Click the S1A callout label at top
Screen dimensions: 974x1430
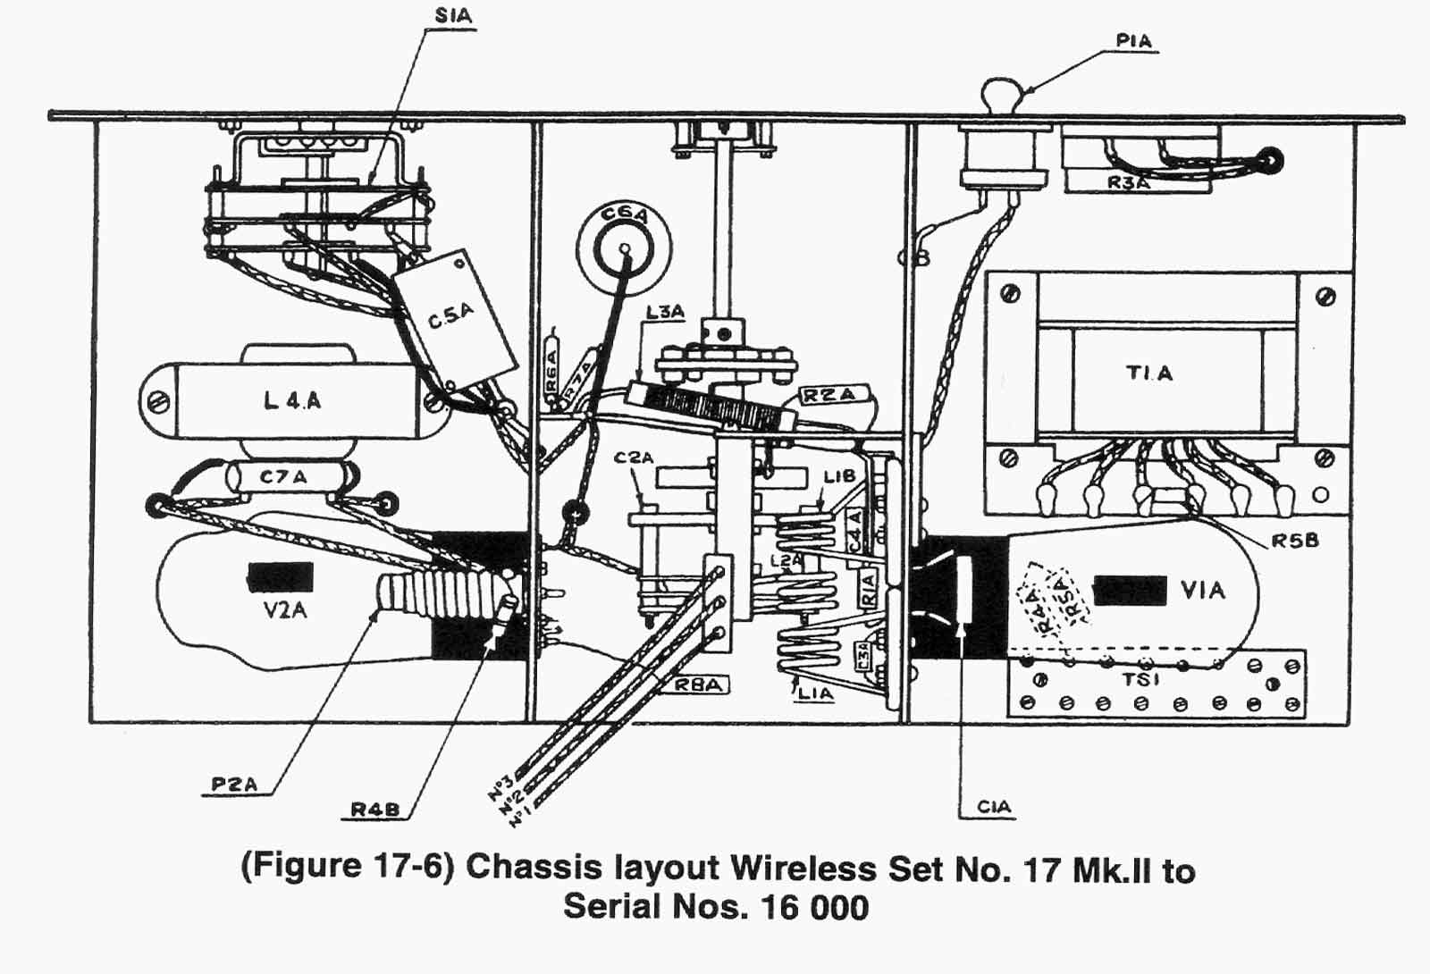pyautogui.click(x=453, y=16)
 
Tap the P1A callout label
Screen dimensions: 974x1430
pyautogui.click(x=1133, y=41)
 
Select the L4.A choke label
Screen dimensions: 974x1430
pyautogui.click(x=292, y=400)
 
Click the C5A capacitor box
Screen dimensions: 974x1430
pyautogui.click(x=454, y=317)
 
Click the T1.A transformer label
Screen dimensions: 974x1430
pyautogui.click(x=1149, y=373)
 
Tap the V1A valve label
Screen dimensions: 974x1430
pyautogui.click(x=1203, y=590)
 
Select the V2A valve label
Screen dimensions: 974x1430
pyautogui.click(x=285, y=610)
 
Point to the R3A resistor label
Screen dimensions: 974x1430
pyautogui.click(x=1128, y=183)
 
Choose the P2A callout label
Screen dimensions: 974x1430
pyautogui.click(x=234, y=784)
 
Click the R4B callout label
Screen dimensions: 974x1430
pyautogui.click(x=374, y=809)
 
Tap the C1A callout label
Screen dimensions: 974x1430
pyautogui.click(x=994, y=806)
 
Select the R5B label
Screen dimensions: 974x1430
pyautogui.click(x=1295, y=541)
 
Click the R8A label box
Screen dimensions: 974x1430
pyautogui.click(x=697, y=684)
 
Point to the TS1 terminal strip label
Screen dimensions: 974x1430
pyautogui.click(x=1141, y=679)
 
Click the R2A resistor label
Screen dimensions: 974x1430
pyautogui.click(x=828, y=395)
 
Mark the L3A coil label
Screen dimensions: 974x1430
pyautogui.click(x=666, y=312)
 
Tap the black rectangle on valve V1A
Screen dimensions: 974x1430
pyautogui.click(x=1130, y=591)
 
